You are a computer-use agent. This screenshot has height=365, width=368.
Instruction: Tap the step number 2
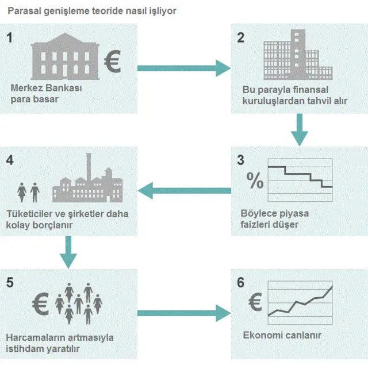click(x=240, y=37)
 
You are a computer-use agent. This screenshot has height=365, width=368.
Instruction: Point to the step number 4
click(x=10, y=160)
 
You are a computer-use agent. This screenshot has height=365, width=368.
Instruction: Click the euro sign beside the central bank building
click(x=113, y=61)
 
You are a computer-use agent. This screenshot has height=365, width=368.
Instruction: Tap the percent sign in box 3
click(x=255, y=180)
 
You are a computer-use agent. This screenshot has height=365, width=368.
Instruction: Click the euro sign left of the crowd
click(x=40, y=304)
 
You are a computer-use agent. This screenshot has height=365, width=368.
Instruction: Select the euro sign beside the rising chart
click(x=255, y=301)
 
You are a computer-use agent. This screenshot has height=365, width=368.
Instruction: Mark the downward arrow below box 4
click(x=68, y=252)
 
